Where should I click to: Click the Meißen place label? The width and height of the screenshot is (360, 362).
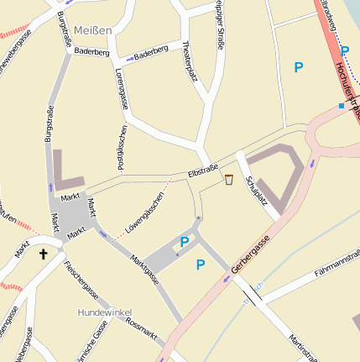pos(91,30)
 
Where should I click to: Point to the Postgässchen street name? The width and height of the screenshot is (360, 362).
pos(123,148)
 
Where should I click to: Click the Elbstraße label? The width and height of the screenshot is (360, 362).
pos(202,175)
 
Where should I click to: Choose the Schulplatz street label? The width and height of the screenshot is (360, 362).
pos(253,192)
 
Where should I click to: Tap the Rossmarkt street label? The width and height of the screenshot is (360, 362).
pos(141,328)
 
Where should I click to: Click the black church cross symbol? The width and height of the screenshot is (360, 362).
pos(44,253)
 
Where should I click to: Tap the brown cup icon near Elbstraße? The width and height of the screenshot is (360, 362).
pos(229,179)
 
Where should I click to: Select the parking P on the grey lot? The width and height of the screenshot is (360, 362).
pos(184,243)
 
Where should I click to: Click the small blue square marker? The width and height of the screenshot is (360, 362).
pos(341,106)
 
